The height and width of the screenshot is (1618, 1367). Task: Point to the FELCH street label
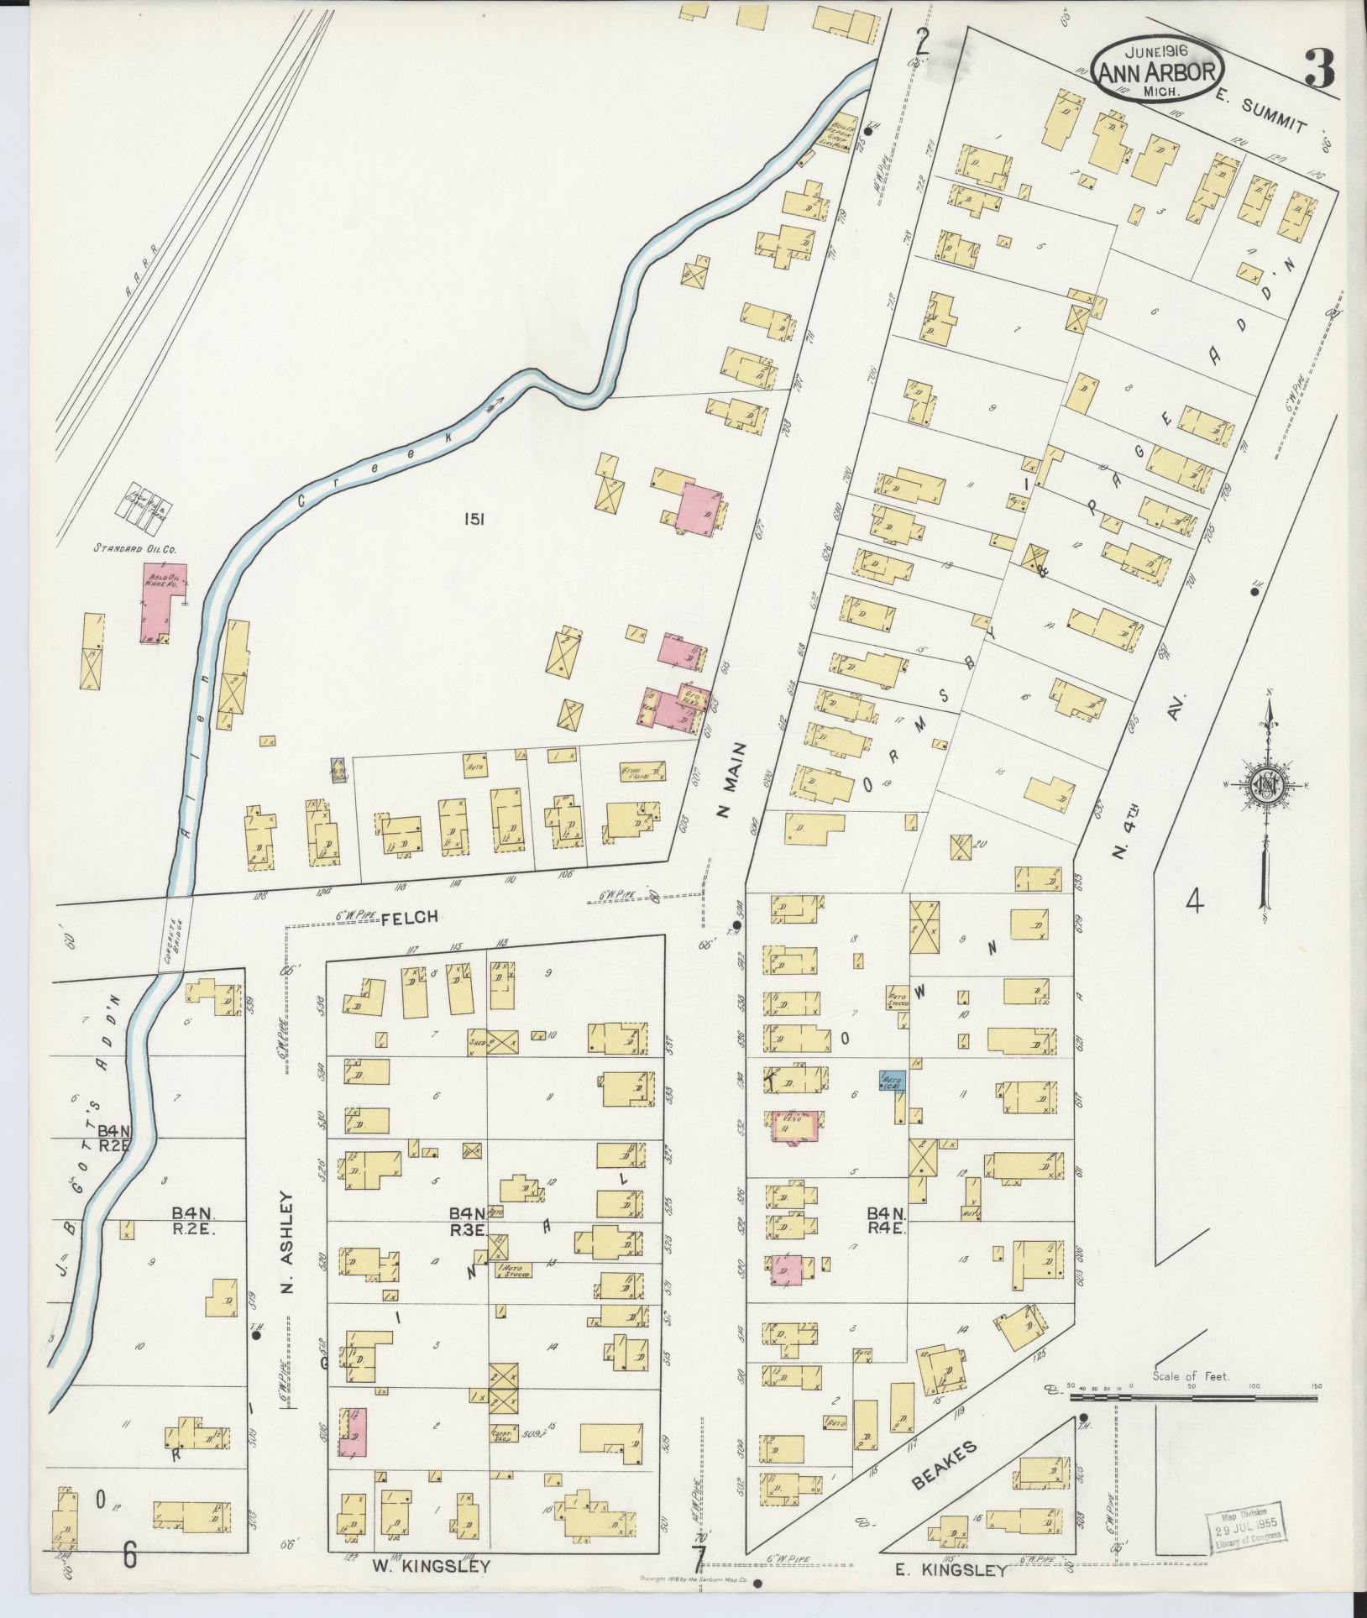[409, 917]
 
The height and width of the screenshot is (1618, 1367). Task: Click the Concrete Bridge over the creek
[177, 934]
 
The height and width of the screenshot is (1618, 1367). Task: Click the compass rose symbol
[1264, 784]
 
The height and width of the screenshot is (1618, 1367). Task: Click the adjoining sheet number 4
[1194, 903]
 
